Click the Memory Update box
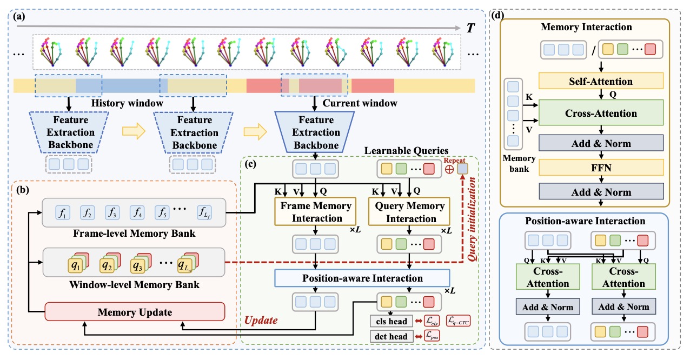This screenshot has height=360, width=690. (134, 312)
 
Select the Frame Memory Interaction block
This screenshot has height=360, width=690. (315, 211)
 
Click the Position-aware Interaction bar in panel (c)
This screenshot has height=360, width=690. (362, 278)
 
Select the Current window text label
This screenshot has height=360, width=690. (360, 103)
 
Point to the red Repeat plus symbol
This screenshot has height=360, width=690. (449, 169)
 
